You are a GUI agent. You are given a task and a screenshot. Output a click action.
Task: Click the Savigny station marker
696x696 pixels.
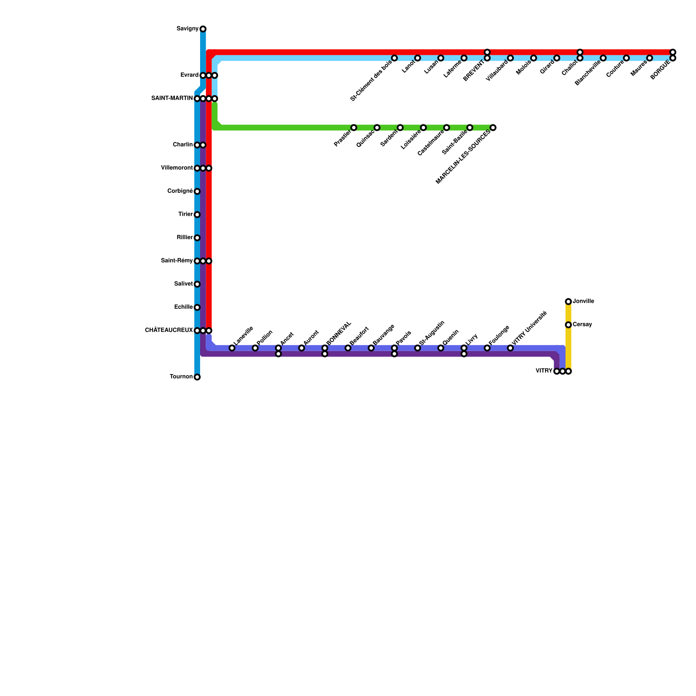(x=203, y=29)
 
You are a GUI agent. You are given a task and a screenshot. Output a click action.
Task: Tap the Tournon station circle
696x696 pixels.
(x=197, y=377)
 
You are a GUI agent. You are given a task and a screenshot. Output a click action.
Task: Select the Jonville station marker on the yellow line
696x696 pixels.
(x=568, y=301)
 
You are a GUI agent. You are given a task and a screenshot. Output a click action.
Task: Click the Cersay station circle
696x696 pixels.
(x=568, y=325)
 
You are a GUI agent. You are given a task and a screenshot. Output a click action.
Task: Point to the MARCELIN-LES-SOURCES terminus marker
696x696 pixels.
(x=493, y=127)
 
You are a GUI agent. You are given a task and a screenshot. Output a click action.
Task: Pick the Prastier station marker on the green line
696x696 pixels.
(x=354, y=127)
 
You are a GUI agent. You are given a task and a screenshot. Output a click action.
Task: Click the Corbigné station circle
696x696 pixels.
(x=197, y=191)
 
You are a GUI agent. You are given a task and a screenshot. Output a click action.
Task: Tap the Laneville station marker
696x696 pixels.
(x=232, y=348)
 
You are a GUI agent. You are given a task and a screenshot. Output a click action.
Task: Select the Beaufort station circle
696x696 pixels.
(x=348, y=348)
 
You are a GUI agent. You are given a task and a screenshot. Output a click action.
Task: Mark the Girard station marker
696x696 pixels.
(x=557, y=58)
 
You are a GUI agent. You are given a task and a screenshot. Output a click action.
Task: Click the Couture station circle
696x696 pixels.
(x=626, y=58)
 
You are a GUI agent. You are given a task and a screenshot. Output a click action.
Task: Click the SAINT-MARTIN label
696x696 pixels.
(x=172, y=99)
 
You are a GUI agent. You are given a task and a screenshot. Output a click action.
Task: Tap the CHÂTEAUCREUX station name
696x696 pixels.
(x=169, y=331)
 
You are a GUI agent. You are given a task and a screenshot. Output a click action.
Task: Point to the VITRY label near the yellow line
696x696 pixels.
(x=544, y=371)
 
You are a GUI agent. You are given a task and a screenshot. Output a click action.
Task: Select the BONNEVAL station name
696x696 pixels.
(x=338, y=333)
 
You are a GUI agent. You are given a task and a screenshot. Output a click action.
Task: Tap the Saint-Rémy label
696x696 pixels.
(x=177, y=261)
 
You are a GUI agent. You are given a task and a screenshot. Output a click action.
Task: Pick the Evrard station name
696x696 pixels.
(x=189, y=76)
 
